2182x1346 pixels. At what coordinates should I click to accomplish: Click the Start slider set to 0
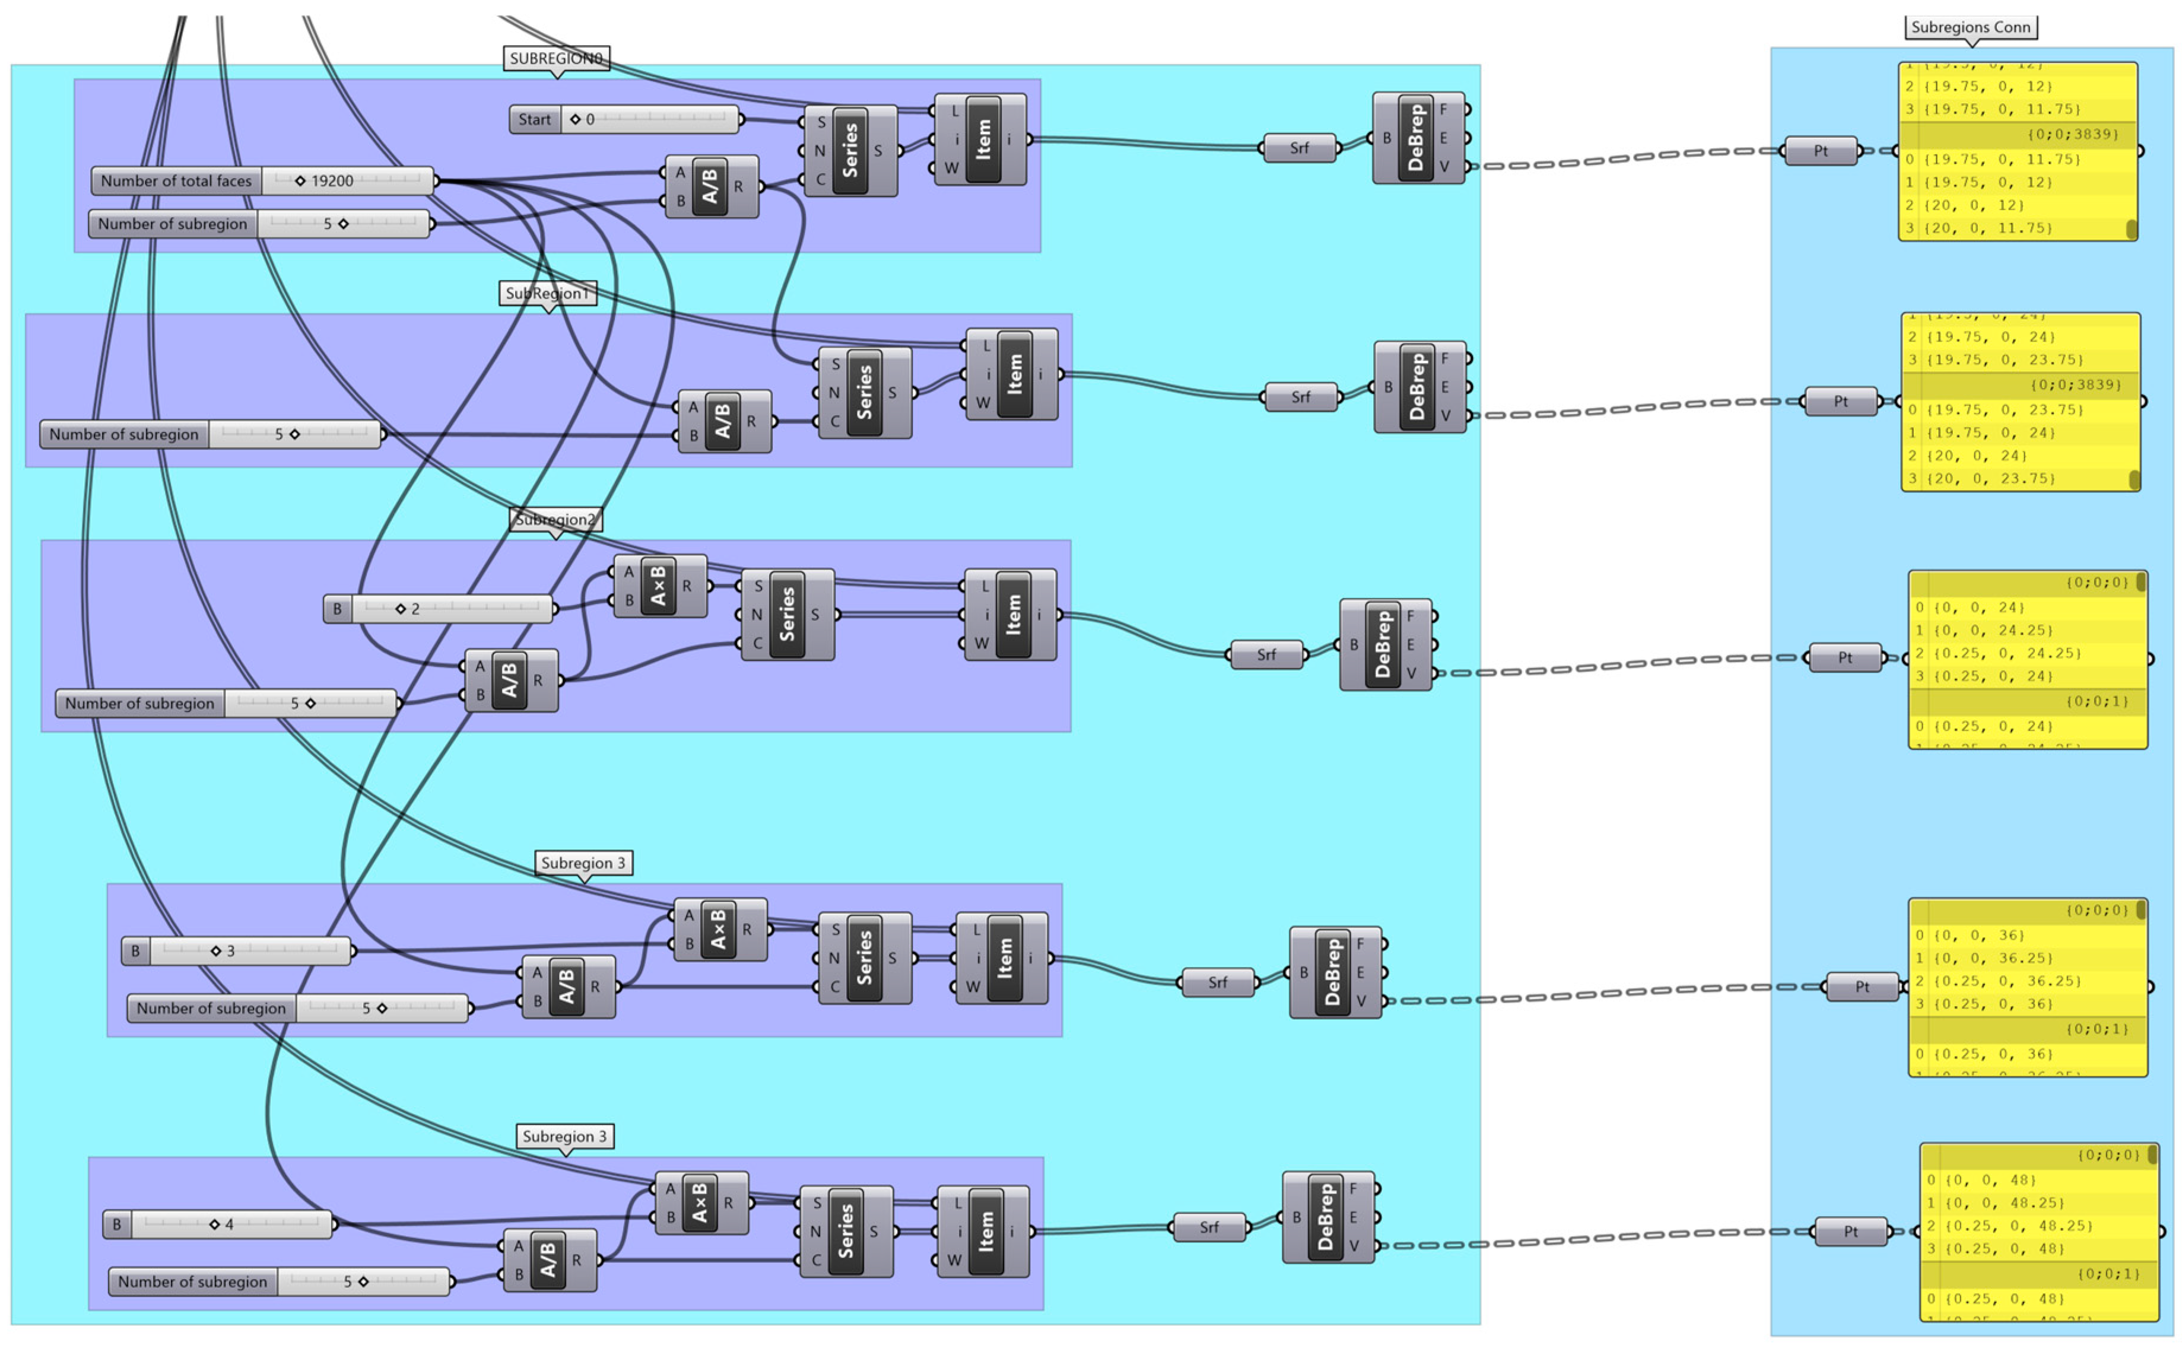point(623,119)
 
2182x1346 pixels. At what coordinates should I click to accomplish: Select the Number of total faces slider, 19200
point(263,181)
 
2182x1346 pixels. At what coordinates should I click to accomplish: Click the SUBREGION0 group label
point(555,59)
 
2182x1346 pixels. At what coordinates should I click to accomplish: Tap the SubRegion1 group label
point(547,294)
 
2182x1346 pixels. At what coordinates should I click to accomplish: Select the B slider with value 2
point(437,609)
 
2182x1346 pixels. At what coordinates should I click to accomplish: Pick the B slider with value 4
point(218,1224)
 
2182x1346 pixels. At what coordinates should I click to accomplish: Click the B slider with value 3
point(236,951)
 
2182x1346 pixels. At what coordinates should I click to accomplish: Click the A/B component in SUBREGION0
point(710,187)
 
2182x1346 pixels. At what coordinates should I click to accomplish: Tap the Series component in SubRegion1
point(863,393)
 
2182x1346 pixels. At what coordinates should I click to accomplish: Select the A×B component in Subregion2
point(659,586)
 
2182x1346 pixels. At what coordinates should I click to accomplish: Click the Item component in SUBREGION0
point(983,140)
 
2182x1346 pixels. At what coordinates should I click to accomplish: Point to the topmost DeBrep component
point(1416,138)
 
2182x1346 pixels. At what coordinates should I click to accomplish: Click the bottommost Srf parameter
point(1208,1227)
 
